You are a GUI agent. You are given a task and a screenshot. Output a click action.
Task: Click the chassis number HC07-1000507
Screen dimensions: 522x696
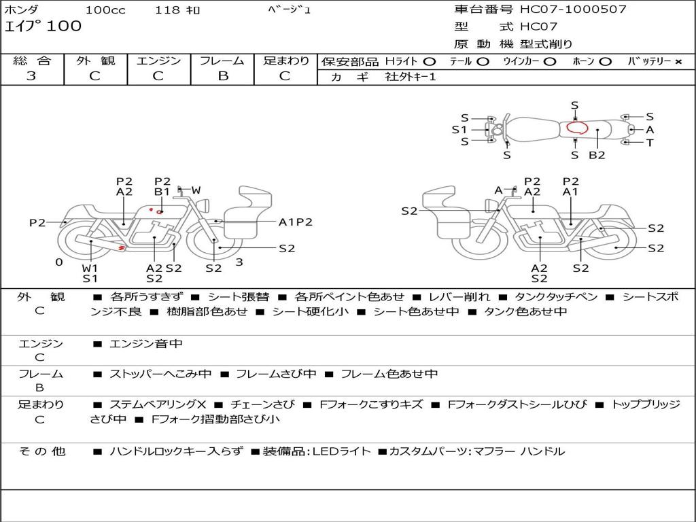tap(573, 10)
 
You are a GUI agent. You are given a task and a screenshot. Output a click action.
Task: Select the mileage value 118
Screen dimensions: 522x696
tap(167, 10)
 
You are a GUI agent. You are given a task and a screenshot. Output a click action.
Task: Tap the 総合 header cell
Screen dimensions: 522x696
tap(32, 60)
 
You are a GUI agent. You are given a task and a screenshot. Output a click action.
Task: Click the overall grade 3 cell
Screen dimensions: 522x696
tap(31, 76)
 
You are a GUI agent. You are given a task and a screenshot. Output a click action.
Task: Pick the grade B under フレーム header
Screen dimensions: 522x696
tap(222, 76)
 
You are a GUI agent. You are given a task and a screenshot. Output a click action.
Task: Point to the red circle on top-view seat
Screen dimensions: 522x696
tap(577, 128)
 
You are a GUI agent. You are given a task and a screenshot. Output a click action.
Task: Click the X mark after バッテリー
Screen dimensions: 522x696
tap(678, 61)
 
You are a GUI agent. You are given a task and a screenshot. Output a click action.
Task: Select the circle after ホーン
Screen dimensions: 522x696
tap(605, 61)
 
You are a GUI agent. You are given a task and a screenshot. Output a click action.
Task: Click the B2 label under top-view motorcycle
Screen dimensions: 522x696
tap(597, 155)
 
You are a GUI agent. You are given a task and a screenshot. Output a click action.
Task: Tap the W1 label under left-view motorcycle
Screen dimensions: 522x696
tap(90, 268)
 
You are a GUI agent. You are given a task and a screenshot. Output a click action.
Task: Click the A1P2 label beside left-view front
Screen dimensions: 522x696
tap(296, 222)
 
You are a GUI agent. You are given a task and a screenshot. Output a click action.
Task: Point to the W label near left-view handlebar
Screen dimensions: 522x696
tap(196, 190)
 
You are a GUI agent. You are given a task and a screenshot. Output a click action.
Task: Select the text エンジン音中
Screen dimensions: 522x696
tap(145, 344)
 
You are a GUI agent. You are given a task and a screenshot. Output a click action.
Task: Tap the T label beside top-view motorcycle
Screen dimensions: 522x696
tap(650, 143)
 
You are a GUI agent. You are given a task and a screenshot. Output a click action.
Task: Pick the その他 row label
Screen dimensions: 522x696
tap(41, 451)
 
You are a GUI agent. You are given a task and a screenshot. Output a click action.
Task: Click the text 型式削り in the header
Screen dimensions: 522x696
tap(546, 44)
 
